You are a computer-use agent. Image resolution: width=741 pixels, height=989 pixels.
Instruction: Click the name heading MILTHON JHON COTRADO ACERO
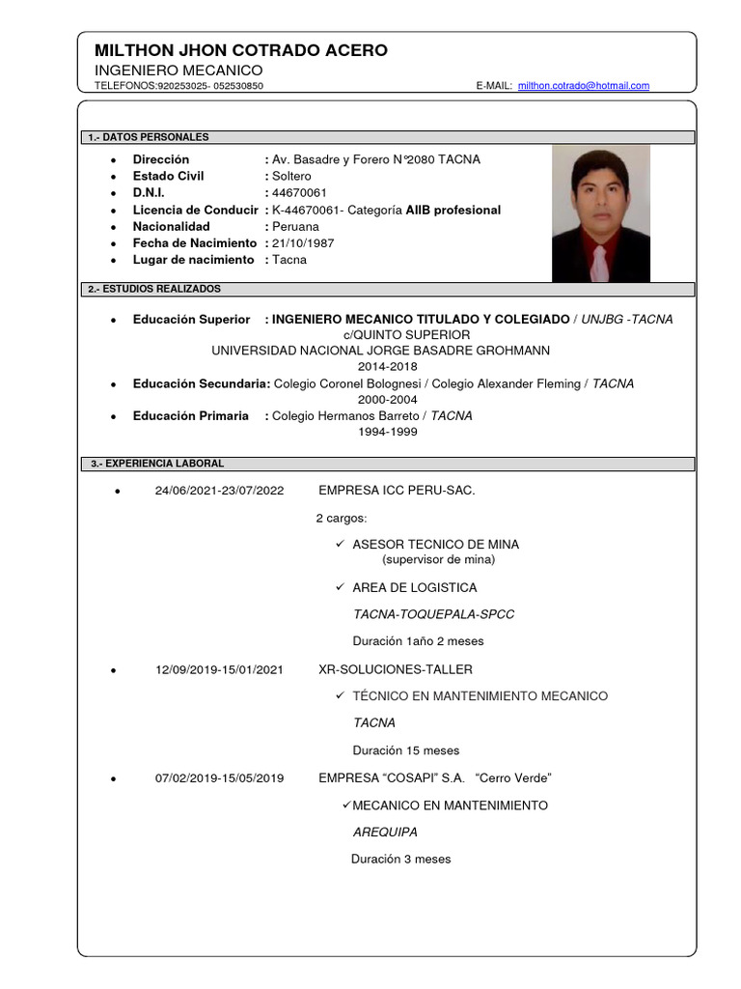click(241, 50)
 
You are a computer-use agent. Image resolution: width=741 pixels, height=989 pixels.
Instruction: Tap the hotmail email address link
click(583, 86)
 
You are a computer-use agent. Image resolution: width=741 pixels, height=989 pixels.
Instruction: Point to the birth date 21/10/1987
click(304, 243)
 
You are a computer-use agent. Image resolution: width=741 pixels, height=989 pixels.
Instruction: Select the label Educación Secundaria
click(202, 383)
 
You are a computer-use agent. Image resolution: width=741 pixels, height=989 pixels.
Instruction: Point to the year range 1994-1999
click(387, 433)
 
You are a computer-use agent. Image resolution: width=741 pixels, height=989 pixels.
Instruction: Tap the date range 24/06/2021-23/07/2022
click(219, 491)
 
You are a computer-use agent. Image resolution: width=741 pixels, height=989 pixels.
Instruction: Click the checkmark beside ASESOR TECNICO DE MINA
click(340, 544)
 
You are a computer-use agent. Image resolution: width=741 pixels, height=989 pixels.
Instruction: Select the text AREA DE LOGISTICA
click(414, 587)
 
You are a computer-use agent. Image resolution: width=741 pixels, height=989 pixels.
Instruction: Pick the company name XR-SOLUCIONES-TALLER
click(396, 669)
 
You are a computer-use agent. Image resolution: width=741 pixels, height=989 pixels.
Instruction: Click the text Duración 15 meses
click(406, 750)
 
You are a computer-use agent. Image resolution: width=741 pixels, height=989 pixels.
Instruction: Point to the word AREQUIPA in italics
click(385, 832)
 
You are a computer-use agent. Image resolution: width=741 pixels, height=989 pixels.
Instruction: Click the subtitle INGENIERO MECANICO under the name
click(178, 71)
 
